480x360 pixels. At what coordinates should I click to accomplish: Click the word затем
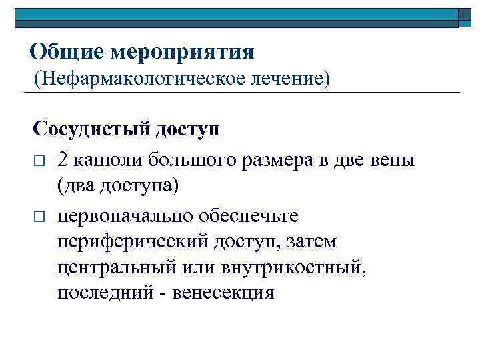tap(307, 242)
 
